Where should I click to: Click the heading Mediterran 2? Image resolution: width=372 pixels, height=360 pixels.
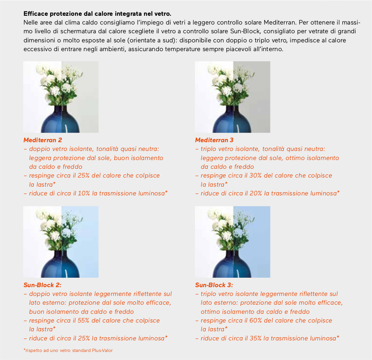[43, 140]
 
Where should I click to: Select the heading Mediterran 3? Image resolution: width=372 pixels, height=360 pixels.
[214, 140]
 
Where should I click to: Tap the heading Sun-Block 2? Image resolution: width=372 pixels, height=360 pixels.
[42, 285]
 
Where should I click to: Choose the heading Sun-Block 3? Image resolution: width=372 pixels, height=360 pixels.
[214, 285]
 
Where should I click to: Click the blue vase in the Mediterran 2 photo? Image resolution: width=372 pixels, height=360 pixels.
[60, 119]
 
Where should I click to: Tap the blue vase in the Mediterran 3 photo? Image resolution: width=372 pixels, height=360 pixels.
[232, 119]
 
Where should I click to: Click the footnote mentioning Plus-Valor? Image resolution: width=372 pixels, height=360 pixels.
[68, 350]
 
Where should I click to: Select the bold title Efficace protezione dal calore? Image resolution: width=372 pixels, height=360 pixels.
[97, 14]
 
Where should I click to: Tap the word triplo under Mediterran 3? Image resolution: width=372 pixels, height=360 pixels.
[208, 149]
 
